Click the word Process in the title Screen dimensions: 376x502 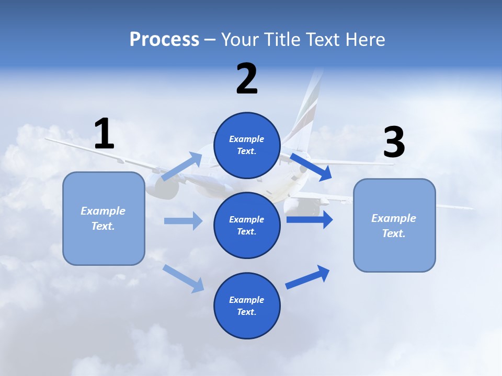[x=164, y=39]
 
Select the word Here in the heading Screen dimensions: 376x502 [x=365, y=39]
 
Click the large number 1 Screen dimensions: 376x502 [x=104, y=134]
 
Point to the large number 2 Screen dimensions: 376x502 [x=247, y=79]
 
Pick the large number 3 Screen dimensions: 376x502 [x=394, y=143]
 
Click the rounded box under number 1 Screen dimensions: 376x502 [x=104, y=218]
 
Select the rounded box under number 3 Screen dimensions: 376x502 [x=394, y=226]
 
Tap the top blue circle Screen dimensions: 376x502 [x=247, y=145]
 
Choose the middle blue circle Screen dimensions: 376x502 [x=247, y=225]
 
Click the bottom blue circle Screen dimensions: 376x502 [x=247, y=305]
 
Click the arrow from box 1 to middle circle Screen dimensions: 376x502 [x=183, y=221]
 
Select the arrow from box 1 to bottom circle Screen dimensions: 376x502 [x=184, y=278]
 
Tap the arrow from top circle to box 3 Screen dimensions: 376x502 [x=311, y=167]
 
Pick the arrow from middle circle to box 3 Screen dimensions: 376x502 [x=310, y=219]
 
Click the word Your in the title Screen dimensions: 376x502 [x=239, y=39]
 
